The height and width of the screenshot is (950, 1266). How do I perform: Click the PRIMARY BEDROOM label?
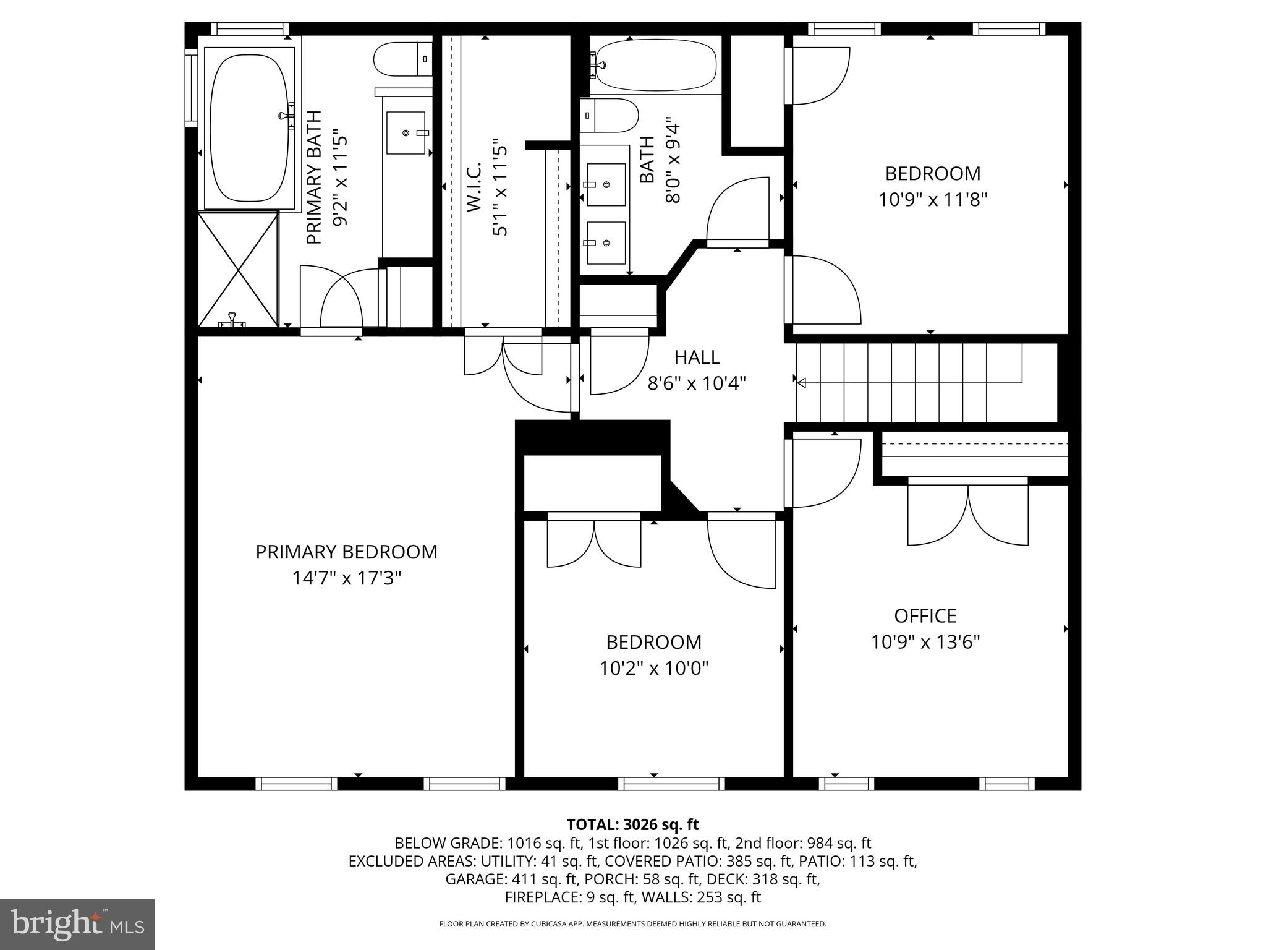click(x=346, y=552)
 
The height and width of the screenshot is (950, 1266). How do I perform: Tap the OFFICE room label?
click(x=925, y=616)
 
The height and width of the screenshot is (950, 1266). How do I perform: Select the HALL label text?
click(x=697, y=357)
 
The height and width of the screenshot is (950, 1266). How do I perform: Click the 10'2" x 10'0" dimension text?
click(x=653, y=669)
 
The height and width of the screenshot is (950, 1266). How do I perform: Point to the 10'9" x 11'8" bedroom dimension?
click(x=932, y=200)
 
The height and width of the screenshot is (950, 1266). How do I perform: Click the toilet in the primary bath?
click(x=402, y=59)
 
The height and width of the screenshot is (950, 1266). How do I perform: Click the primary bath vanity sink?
click(x=406, y=132)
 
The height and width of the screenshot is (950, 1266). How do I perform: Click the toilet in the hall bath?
click(x=609, y=115)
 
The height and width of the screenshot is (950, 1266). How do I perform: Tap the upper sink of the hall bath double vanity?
click(x=606, y=184)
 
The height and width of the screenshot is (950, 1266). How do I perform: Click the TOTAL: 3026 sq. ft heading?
click(x=632, y=824)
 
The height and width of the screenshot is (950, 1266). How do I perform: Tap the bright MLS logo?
click(x=77, y=924)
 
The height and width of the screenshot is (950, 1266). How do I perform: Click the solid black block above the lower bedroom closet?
click(x=592, y=437)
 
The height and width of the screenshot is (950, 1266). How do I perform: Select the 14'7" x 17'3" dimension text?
click(x=346, y=578)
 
